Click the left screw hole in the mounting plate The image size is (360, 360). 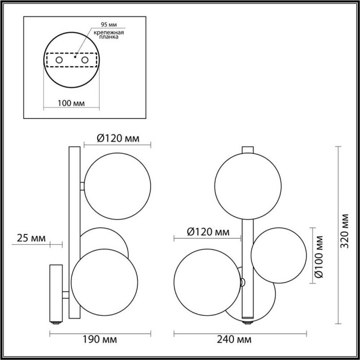pyautogui.click(x=59, y=61)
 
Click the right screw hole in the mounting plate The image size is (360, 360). pyautogui.click(x=85, y=61)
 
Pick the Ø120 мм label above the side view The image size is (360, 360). pyautogui.click(x=118, y=138)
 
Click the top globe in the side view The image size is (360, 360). pyautogui.click(x=118, y=185)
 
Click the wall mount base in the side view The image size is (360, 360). pyautogui.click(x=56, y=293)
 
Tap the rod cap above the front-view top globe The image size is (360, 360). pyautogui.click(x=248, y=150)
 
